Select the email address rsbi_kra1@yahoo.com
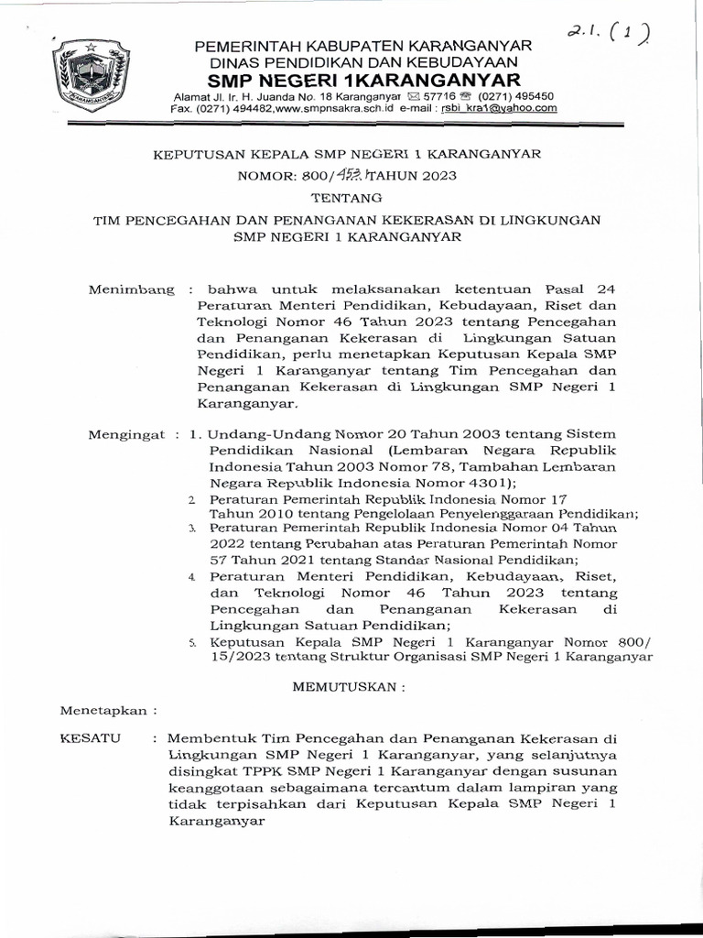[x=499, y=108]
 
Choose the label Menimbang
[x=130, y=289]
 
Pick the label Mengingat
[x=128, y=434]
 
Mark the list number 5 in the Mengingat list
[x=192, y=643]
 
